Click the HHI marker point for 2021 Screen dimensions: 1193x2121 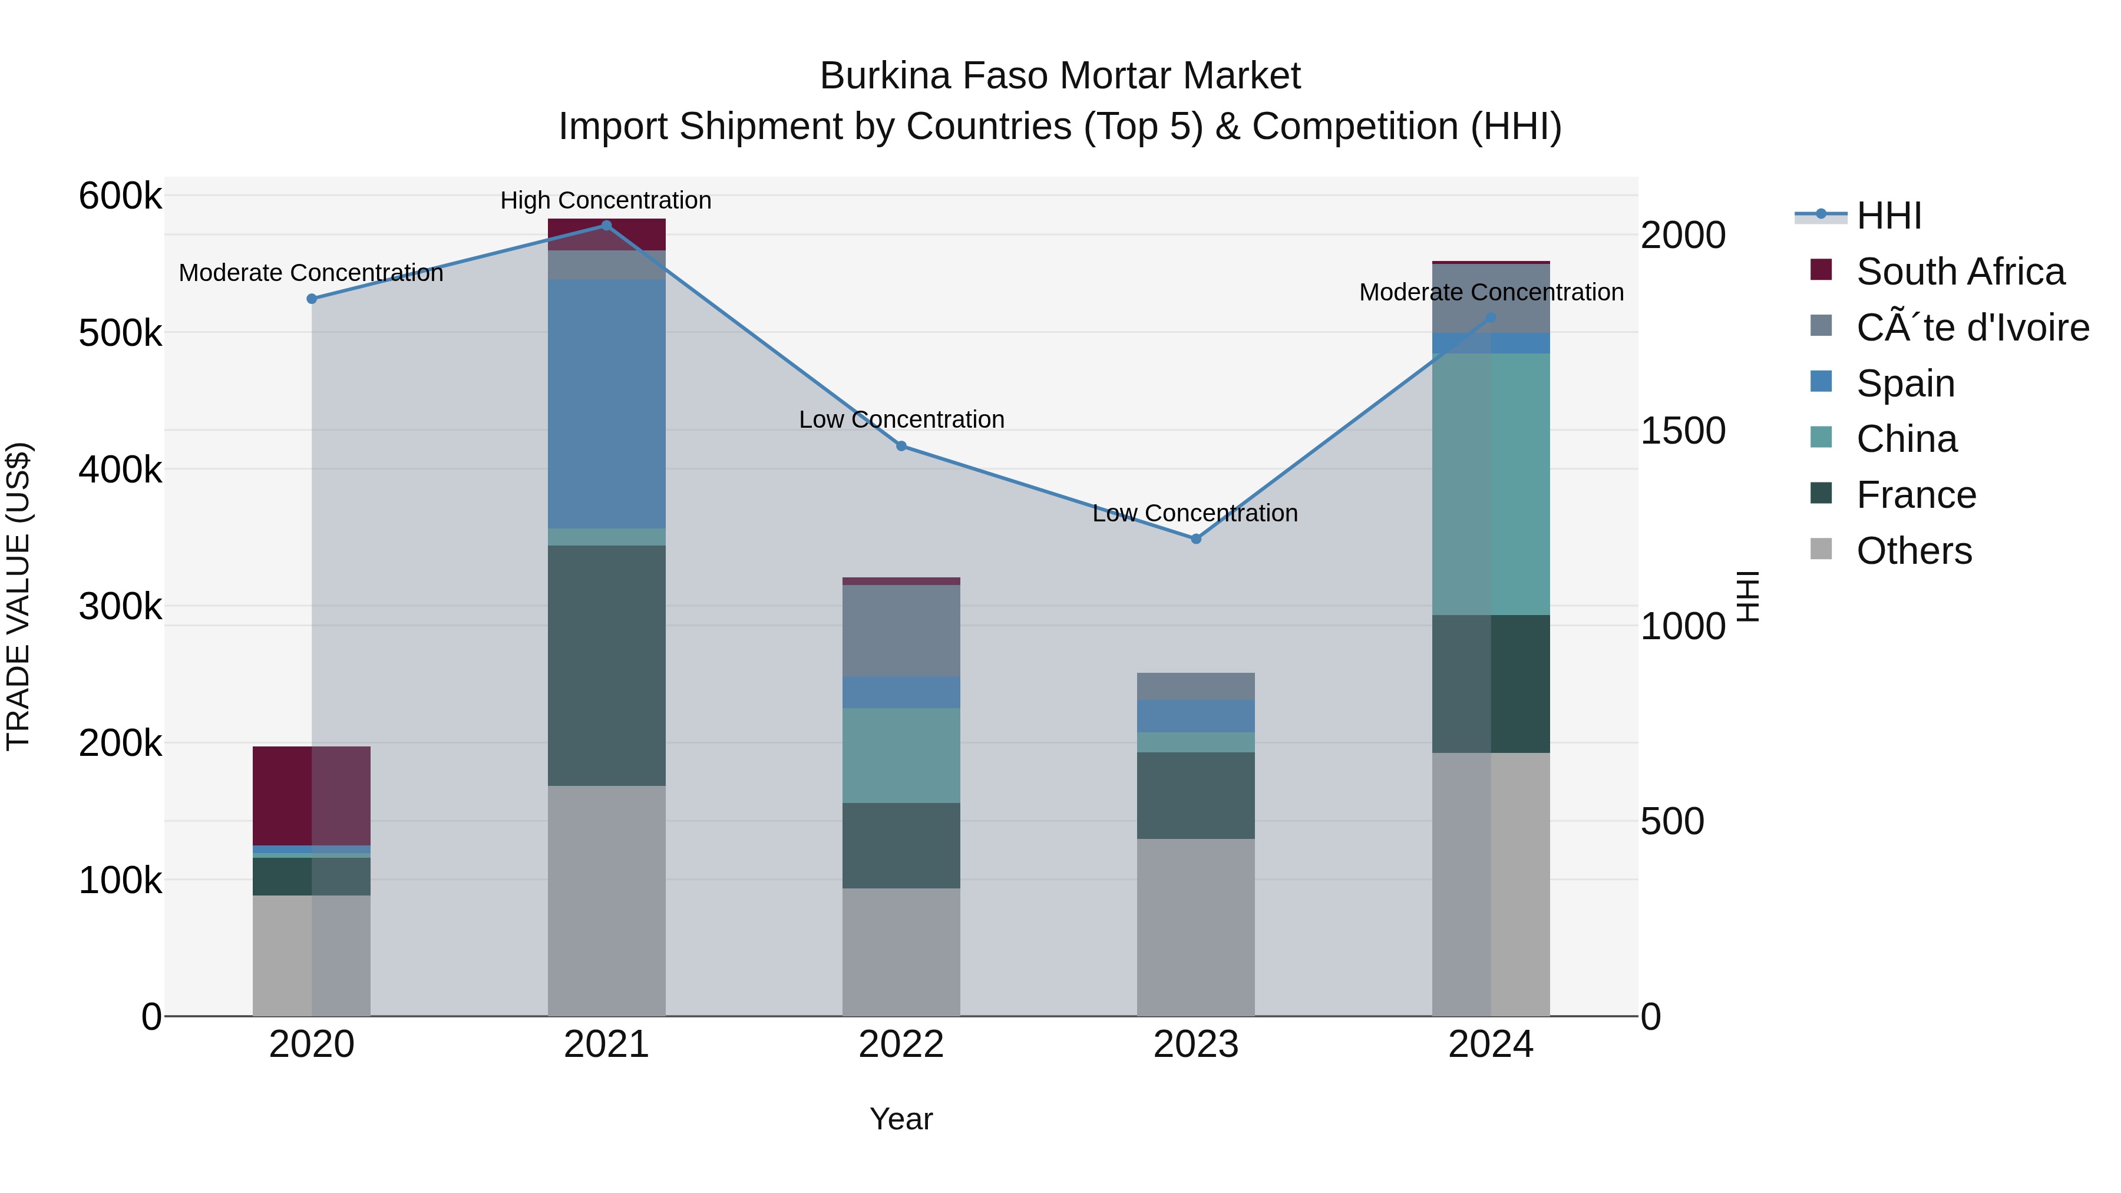606,226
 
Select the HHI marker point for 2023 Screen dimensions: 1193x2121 1195,539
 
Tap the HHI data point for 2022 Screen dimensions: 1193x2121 901,446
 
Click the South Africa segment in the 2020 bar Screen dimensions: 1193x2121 311,795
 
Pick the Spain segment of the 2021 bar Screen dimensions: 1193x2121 606,404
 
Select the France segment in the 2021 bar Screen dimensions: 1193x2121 606,665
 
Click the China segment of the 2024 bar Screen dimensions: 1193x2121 1491,484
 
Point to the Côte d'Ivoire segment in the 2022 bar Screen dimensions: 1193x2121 901,630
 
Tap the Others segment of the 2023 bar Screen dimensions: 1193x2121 1195,927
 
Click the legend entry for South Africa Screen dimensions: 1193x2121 1960,272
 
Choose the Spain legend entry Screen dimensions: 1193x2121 1905,384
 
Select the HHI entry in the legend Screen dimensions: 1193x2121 1889,216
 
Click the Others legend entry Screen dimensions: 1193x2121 1914,551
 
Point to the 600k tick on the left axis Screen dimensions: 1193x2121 120,197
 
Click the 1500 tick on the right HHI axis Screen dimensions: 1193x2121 1683,431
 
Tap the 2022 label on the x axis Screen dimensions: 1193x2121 901,1045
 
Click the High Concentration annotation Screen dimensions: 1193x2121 606,201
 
